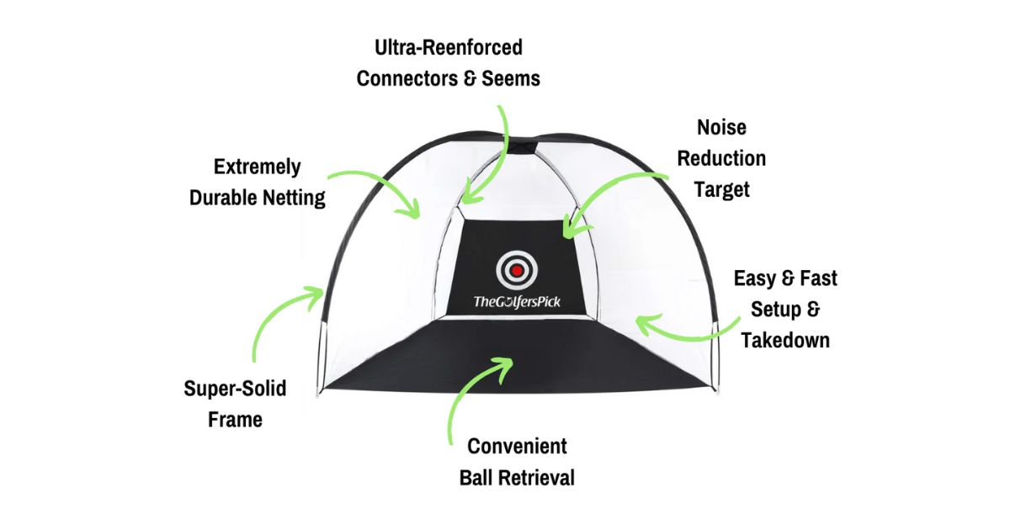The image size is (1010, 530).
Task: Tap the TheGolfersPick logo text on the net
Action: click(515, 301)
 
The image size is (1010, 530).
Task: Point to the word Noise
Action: click(721, 127)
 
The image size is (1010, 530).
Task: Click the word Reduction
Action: click(721, 158)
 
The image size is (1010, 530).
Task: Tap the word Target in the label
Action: click(721, 189)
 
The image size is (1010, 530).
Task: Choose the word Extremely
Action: click(257, 167)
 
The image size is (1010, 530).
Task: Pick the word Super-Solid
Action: click(235, 389)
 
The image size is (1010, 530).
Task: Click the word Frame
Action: click(235, 419)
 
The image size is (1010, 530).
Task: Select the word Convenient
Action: click(517, 446)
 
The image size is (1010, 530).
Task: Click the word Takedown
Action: click(785, 340)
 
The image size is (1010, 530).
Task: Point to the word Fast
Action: click(814, 278)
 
